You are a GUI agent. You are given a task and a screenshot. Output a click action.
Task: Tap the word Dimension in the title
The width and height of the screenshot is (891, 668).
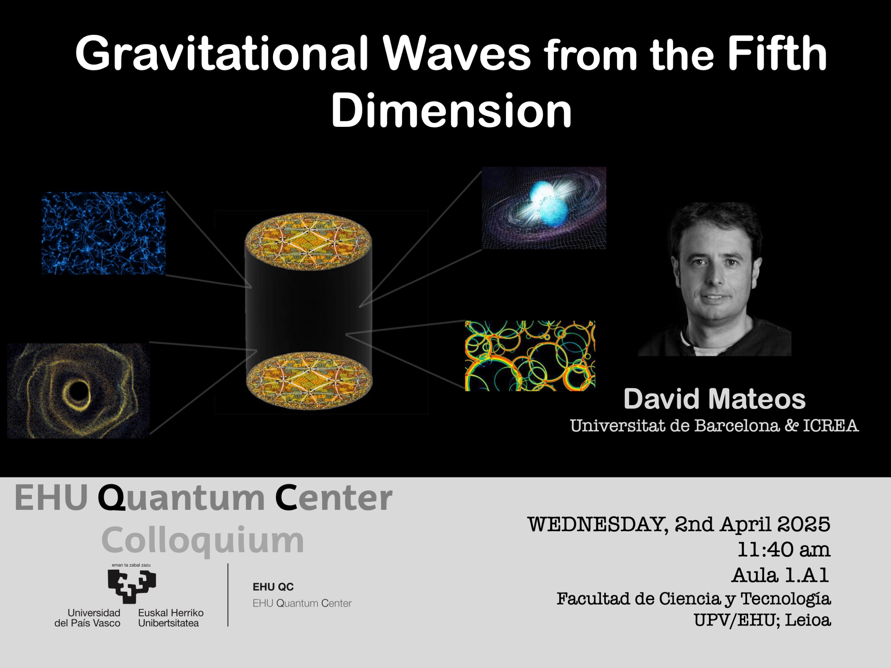451,110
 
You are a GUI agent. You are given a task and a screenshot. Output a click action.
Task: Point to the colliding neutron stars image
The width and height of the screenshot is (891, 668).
544,208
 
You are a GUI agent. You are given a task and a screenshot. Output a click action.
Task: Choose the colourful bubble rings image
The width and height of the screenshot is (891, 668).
530,356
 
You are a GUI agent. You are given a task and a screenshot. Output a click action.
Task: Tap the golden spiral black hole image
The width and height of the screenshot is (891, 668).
78,390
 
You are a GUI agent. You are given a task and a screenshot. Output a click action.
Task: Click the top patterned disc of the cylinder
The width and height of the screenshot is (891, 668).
308,242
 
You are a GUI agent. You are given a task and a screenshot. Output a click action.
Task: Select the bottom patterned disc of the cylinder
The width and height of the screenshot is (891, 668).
309,380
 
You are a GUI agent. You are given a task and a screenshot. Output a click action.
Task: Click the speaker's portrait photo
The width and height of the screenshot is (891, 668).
715,279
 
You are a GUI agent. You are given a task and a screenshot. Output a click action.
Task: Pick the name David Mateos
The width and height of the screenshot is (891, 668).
715,399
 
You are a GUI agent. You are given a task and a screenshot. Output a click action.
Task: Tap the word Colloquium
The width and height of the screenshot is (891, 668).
202,540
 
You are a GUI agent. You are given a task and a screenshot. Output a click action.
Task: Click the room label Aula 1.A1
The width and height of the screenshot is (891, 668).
780,575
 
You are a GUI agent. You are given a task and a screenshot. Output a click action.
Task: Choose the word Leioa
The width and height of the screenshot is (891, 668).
808,620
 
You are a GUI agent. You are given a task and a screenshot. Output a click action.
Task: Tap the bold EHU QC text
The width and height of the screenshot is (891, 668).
273,587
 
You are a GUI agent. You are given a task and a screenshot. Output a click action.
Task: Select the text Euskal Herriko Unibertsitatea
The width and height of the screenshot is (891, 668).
171,618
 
